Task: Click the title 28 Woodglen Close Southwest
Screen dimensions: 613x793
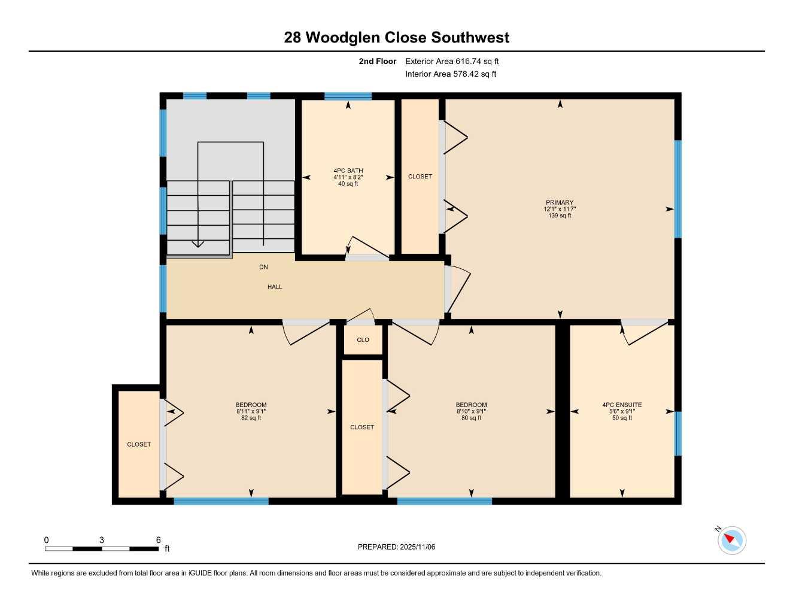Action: [396, 38]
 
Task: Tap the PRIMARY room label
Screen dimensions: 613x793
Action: [560, 203]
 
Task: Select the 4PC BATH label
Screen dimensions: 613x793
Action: [348, 171]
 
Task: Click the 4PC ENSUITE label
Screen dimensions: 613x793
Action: [622, 405]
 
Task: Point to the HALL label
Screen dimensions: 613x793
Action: [275, 287]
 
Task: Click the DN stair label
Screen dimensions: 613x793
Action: [263, 267]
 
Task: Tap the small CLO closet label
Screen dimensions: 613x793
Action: [363, 340]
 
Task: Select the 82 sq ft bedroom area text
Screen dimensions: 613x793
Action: [251, 418]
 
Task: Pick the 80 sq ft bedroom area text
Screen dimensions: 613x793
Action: [471, 418]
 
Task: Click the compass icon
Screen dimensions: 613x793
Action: [731, 540]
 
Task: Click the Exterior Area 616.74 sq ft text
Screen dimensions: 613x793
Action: [452, 61]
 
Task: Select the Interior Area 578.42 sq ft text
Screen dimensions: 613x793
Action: [451, 74]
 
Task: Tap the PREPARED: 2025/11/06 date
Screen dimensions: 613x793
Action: [396, 547]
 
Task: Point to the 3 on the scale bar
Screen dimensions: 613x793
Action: [102, 540]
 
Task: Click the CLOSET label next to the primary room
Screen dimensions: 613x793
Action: [420, 177]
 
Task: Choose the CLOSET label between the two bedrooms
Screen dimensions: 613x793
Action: [362, 427]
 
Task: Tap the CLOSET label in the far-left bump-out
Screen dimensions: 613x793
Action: [139, 445]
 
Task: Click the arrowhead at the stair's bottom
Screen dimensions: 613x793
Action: [198, 244]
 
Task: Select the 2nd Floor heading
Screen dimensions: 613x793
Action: [377, 61]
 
